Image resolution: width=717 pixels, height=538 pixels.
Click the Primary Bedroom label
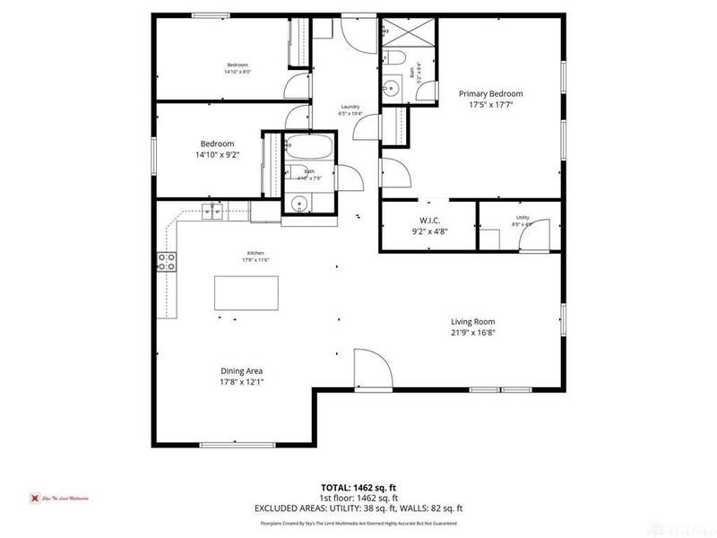point(490,93)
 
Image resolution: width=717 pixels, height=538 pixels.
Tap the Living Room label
point(472,322)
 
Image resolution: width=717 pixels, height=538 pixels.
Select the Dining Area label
point(242,370)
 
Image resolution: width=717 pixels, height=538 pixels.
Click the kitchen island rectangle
point(246,292)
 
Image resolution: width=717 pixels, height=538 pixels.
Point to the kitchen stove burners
point(167,262)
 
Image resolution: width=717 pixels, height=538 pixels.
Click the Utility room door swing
point(534,240)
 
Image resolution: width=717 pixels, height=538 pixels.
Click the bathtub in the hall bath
point(308,146)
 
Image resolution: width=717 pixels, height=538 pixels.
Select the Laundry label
point(349,106)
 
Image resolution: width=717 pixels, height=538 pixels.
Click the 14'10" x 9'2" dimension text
point(216,155)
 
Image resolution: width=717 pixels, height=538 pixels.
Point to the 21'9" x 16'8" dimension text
point(472,333)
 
